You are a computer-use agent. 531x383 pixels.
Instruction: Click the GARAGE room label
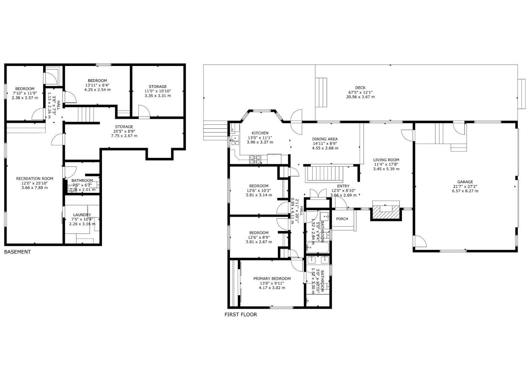465,182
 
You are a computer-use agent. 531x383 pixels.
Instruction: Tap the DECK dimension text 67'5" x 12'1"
360,92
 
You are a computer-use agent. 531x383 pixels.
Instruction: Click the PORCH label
342,219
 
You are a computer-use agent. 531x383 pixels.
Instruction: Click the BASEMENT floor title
17,252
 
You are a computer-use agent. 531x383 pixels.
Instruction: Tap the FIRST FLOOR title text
241,314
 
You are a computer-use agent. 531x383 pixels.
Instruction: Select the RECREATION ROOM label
34,178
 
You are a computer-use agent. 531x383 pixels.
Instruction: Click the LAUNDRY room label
82,215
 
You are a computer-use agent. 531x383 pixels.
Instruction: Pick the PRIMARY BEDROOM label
272,278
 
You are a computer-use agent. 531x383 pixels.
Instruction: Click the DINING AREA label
325,139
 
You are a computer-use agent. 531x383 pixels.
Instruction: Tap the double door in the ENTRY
318,194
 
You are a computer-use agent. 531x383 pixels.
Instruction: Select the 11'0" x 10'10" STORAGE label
158,87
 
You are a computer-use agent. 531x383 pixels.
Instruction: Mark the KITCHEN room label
260,133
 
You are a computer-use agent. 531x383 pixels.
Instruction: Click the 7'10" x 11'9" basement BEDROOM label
24,89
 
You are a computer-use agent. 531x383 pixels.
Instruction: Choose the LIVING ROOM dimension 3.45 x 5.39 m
386,169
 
